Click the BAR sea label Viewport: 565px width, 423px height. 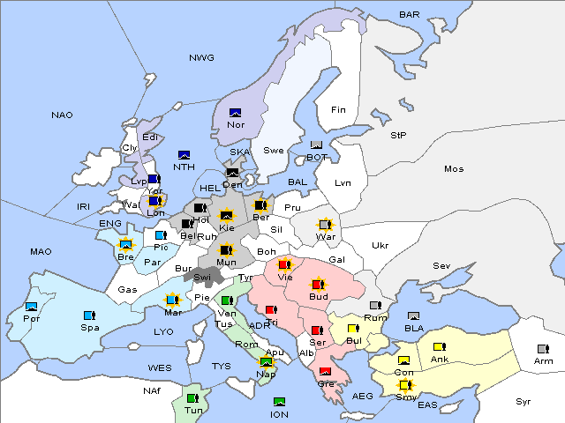pyautogui.click(x=409, y=15)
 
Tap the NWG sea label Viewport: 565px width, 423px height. pyautogui.click(x=201, y=58)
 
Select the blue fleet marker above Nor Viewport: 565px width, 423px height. pyautogui.click(x=236, y=113)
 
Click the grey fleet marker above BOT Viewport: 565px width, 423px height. pyautogui.click(x=317, y=145)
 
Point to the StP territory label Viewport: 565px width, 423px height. pyautogui.click(x=398, y=136)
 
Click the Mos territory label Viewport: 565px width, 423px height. pyautogui.click(x=454, y=168)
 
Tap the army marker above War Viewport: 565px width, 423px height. pyautogui.click(x=326, y=225)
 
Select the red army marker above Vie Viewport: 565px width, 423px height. pyautogui.click(x=284, y=263)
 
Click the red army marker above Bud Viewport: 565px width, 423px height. pyautogui.click(x=318, y=285)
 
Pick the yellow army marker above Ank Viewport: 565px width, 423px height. pyautogui.click(x=439, y=346)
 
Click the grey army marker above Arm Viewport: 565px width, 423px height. pyautogui.click(x=542, y=348)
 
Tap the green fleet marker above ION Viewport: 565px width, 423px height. pyautogui.click(x=280, y=402)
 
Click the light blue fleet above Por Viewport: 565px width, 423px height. pyautogui.click(x=32, y=307)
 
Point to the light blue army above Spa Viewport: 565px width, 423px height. pyautogui.click(x=88, y=315)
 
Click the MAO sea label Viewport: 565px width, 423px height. pyautogui.click(x=41, y=252)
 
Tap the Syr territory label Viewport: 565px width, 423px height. pyautogui.click(x=524, y=401)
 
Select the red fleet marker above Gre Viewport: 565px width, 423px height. pyautogui.click(x=325, y=371)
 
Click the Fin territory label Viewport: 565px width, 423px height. pyautogui.click(x=337, y=110)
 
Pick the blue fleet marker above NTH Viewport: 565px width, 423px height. pyautogui.click(x=185, y=155)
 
